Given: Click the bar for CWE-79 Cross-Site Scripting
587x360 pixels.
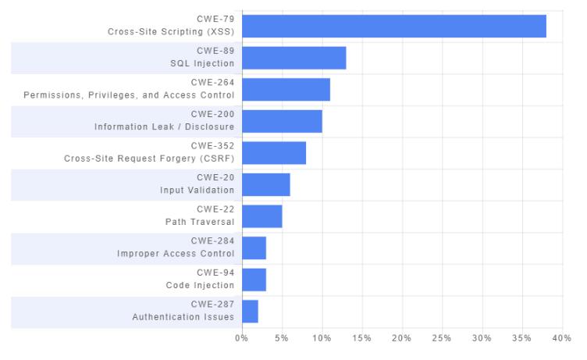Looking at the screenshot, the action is point(394,27).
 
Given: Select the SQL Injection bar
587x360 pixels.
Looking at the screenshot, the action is point(294,58).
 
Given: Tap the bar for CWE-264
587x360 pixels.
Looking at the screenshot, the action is point(286,90).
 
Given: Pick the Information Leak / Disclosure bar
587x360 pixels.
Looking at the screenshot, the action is point(283,121).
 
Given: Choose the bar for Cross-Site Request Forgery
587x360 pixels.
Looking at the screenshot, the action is point(274,153).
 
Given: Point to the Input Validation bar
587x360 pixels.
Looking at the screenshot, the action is point(266,184).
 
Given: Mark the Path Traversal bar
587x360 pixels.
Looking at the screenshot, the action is point(262,216).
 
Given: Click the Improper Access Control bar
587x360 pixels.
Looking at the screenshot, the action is point(254,248).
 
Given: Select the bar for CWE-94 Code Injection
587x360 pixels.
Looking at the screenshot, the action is point(254,280).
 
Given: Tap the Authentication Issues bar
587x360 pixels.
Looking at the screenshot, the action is point(250,312).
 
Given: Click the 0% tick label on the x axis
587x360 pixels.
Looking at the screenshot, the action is point(241,338).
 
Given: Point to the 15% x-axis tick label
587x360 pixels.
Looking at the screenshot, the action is point(361,338).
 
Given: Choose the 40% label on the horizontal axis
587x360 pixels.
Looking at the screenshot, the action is point(561,338).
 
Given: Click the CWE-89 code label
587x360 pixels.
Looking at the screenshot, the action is point(215,51).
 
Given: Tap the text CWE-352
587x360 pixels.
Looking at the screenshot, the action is point(212,146).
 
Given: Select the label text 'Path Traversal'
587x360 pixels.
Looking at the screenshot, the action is point(200,222).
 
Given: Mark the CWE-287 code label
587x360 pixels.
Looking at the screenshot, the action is point(212,305).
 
